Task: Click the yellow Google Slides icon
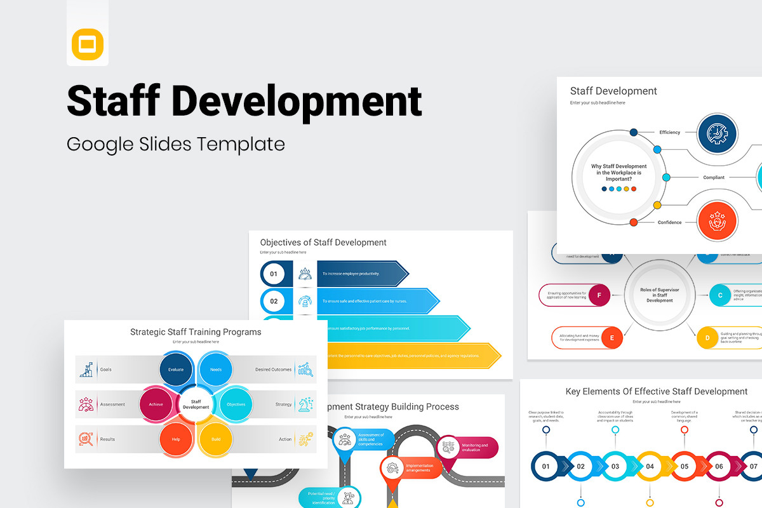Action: point(88,44)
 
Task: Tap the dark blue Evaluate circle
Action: point(176,369)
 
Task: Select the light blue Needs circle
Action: point(216,369)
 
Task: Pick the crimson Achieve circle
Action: point(156,404)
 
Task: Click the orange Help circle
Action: point(176,439)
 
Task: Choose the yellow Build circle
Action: point(216,439)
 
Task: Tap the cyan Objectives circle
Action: point(236,404)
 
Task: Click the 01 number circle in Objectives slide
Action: point(274,274)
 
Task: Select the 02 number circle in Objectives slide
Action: point(274,301)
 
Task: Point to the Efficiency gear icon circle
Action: point(718,134)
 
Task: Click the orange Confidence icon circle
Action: point(718,221)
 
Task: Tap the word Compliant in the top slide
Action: point(714,178)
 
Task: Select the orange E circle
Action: point(612,338)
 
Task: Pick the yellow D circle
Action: point(707,338)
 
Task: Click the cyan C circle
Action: point(720,295)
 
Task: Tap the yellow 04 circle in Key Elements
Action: point(650,467)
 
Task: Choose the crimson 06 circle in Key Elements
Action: point(719,467)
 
